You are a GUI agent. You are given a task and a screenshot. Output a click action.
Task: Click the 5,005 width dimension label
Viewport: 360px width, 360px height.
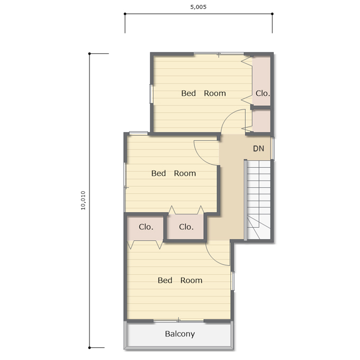[x=199, y=7]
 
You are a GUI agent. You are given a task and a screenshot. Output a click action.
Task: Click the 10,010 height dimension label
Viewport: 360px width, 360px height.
[x=83, y=200]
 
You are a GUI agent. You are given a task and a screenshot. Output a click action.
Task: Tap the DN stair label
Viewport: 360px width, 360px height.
[x=258, y=149]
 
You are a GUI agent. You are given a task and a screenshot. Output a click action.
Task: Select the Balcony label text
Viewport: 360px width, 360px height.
[x=180, y=334]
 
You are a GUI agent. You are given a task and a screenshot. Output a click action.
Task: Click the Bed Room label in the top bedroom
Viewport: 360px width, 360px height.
[x=203, y=93]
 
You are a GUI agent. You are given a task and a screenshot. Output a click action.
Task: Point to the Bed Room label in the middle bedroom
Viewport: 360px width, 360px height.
[x=174, y=173]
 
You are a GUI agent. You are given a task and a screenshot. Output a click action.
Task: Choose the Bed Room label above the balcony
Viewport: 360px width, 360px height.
[x=180, y=280]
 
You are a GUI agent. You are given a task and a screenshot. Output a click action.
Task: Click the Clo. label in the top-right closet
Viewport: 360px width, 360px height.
[x=263, y=93]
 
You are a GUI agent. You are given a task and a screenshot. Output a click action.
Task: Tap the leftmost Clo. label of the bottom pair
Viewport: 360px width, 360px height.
[x=146, y=227]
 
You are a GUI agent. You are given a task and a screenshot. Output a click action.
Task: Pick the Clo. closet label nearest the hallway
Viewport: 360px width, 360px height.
[x=186, y=227]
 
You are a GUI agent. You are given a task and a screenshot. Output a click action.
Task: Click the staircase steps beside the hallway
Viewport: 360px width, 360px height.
[x=258, y=200]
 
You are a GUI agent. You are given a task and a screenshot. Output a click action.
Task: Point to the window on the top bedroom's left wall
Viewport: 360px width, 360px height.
[x=151, y=94]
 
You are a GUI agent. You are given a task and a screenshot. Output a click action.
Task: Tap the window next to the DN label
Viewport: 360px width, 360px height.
[x=272, y=148]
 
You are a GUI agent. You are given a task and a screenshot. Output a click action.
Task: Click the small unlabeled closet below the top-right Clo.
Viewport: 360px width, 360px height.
[x=262, y=121]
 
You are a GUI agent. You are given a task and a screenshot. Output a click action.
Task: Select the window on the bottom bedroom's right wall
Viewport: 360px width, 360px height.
[x=232, y=281]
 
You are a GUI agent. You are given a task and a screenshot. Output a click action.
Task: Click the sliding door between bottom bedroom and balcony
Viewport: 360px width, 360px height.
[x=179, y=321]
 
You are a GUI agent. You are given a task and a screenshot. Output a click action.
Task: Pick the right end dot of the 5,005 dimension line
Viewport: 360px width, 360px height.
[x=272, y=14]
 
